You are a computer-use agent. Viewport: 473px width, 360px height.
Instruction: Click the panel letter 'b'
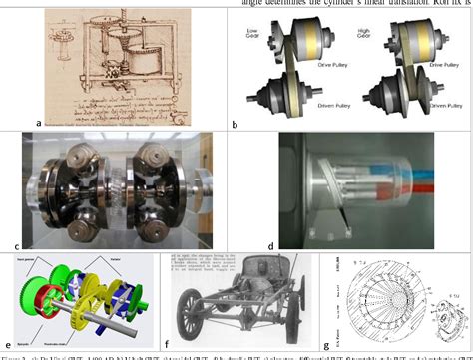[x=234, y=123]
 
